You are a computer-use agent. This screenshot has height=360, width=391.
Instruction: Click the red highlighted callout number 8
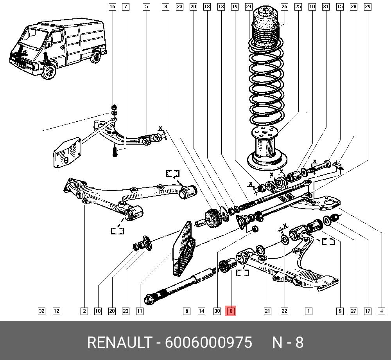[x=231, y=311]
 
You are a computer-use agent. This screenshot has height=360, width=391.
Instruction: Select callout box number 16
[x=112, y=7]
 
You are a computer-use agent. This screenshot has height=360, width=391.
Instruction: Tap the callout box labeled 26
[x=284, y=7]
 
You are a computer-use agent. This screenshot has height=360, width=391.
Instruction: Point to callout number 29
[x=367, y=7]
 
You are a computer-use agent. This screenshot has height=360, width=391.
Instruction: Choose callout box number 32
[x=41, y=311]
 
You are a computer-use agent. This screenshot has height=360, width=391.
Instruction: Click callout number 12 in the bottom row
[x=57, y=311]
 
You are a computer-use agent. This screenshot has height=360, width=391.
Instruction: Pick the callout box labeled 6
[x=187, y=311]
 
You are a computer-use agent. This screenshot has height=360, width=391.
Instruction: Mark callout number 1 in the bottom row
[x=308, y=311]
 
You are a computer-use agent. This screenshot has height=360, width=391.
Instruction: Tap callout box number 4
[x=381, y=311]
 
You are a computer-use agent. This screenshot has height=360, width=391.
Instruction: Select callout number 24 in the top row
[x=249, y=7]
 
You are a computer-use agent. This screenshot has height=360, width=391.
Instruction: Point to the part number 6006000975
[x=208, y=343]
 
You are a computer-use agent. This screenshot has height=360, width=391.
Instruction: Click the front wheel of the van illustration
[x=48, y=73]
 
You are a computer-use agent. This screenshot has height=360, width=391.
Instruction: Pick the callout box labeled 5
[x=146, y=7]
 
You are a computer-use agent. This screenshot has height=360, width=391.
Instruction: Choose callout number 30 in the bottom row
[x=217, y=311]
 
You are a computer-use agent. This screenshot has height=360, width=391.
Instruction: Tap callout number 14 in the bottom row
[x=201, y=311]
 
